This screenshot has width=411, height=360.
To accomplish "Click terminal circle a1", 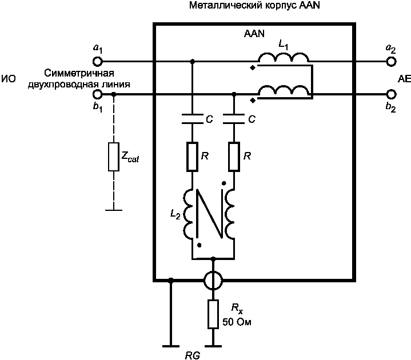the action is [x=98, y=62].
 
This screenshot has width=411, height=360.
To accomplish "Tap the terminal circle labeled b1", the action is [x=98, y=94].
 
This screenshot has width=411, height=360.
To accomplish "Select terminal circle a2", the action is [x=391, y=62].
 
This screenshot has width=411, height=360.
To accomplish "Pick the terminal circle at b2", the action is [x=391, y=94].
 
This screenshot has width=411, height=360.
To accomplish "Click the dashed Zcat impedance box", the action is [x=114, y=157].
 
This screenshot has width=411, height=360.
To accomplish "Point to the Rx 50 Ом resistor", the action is [x=213, y=314].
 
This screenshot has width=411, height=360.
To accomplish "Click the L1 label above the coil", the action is [x=284, y=46].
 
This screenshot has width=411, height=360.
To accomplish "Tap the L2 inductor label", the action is [x=175, y=214].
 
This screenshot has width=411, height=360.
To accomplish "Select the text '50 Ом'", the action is [x=237, y=322].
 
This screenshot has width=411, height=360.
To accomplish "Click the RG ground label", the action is [x=193, y=355].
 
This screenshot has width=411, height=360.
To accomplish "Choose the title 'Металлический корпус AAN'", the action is [x=254, y=5].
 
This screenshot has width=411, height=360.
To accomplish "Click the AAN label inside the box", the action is [x=254, y=34].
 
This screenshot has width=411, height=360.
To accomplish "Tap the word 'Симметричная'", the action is [x=79, y=73].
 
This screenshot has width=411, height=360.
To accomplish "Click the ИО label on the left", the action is [x=9, y=79].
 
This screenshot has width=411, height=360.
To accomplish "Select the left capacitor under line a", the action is [x=193, y=119].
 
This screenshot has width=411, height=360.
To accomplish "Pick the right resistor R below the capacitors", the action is [x=234, y=157].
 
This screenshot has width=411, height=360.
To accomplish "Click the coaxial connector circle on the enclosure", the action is [x=213, y=280].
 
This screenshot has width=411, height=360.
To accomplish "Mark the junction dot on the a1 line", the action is [x=193, y=62].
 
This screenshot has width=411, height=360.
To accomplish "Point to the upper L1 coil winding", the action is [x=284, y=58].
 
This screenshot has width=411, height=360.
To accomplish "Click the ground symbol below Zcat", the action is [x=114, y=210].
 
